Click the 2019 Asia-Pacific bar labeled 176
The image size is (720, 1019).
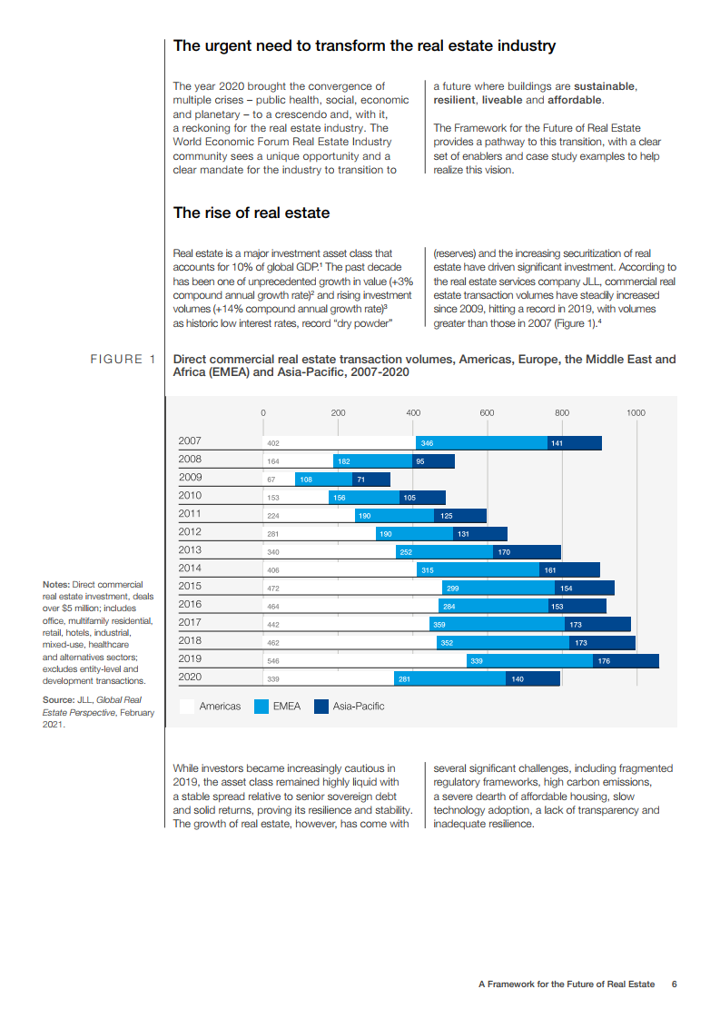[626, 661]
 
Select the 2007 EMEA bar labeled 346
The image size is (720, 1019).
[481, 443]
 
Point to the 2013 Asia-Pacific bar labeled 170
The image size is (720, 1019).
[527, 552]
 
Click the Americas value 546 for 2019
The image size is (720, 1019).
[272, 661]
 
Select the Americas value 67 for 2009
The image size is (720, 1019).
[271, 480]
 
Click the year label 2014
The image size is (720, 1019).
[190, 568]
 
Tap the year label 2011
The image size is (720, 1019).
[190, 513]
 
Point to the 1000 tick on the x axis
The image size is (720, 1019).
[636, 413]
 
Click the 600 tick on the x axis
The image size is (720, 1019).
[487, 413]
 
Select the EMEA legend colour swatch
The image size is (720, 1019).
[261, 706]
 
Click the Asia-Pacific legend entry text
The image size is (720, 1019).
[359, 706]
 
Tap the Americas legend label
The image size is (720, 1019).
[220, 706]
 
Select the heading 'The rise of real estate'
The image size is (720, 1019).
[252, 213]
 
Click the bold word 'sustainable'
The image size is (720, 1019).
[604, 86]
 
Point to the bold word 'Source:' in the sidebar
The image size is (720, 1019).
[58, 700]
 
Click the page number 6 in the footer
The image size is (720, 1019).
[675, 984]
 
